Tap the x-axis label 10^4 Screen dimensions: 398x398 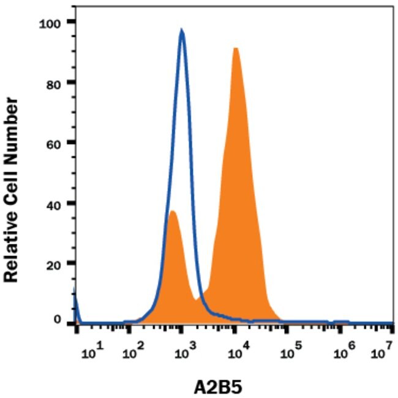coord(236,353)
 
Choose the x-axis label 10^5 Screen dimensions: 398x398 coord(288,353)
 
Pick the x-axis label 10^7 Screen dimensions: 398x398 coord(382,353)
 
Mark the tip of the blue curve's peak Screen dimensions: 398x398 coord(181,30)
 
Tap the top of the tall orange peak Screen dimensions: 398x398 coord(235,48)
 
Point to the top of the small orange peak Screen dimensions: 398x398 coord(172,211)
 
